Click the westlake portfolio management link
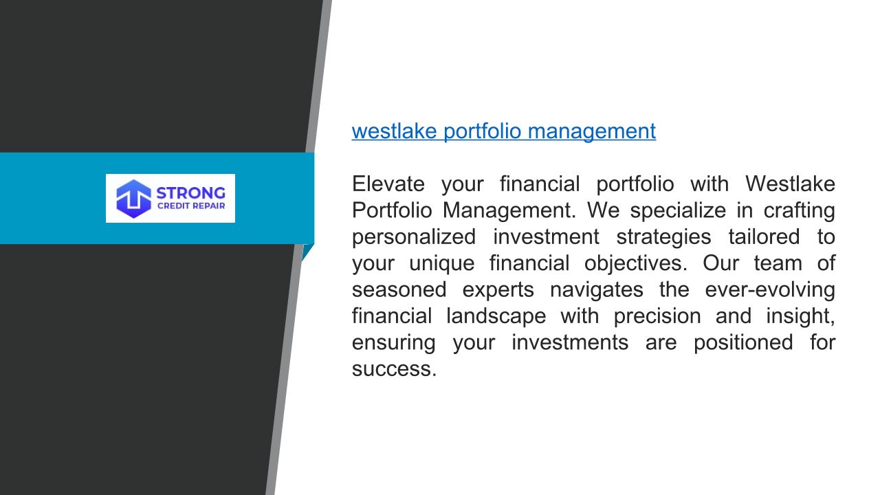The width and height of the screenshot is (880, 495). [504, 131]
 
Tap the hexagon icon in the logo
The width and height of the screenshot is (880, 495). [133, 199]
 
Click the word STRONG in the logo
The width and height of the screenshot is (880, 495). [191, 193]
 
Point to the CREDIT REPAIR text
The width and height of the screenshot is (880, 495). [191, 206]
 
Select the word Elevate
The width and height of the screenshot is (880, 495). [388, 184]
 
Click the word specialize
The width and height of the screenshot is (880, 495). [678, 210]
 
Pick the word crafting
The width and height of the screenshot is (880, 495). [800, 210]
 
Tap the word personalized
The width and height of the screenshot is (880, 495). [414, 236]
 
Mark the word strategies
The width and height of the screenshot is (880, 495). [663, 236]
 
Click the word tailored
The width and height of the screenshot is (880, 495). [764, 236]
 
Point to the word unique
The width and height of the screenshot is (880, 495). [442, 263]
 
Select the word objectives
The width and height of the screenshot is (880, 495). [636, 263]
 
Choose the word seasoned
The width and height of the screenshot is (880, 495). [399, 289]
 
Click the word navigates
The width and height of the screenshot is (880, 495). [596, 289]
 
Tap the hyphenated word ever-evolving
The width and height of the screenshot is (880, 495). [771, 289]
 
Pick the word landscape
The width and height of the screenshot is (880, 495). [496, 316]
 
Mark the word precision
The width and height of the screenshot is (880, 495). [657, 316]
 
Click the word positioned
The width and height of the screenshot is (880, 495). [743, 342]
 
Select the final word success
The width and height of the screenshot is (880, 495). [394, 368]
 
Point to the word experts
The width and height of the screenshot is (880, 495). [498, 289]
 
